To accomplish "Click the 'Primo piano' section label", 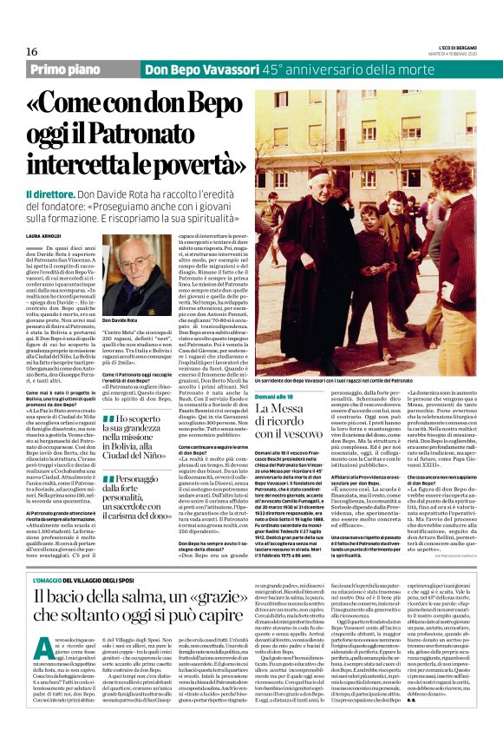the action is pos(67,69).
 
